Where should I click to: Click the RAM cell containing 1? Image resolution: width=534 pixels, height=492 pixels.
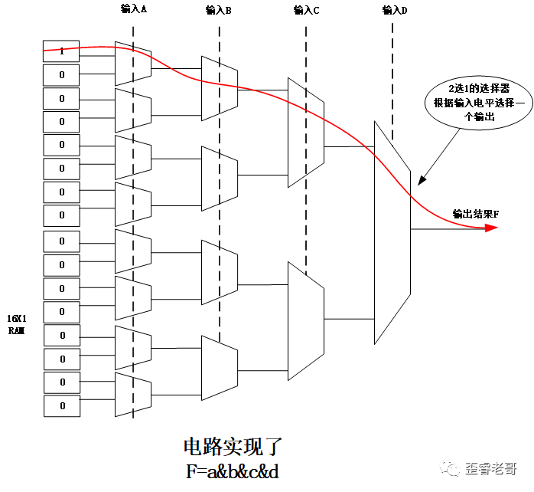click(x=62, y=51)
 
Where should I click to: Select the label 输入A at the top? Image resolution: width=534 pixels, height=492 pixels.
click(x=134, y=9)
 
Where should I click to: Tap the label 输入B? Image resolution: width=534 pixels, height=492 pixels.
click(x=219, y=10)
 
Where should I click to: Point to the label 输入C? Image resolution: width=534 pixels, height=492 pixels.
click(x=306, y=10)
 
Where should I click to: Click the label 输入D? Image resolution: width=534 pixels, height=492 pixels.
click(x=394, y=10)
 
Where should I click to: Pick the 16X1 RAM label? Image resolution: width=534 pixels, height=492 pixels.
click(x=17, y=323)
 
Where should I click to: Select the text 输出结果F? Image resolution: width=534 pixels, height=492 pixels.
click(x=475, y=214)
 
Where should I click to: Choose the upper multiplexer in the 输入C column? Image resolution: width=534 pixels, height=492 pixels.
click(x=305, y=132)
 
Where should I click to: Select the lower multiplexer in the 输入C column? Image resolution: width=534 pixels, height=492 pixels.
click(x=305, y=320)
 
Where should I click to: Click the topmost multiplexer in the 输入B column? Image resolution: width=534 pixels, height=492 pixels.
click(x=219, y=87)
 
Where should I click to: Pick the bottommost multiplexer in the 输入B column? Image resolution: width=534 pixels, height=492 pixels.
click(x=219, y=368)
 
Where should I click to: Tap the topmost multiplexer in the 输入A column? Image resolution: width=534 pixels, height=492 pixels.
click(x=132, y=63)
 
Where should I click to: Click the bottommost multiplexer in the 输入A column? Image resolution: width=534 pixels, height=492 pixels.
click(x=132, y=393)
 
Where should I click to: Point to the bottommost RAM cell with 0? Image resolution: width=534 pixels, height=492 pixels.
click(x=62, y=405)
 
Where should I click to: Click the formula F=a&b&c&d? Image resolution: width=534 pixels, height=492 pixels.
click(x=233, y=471)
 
